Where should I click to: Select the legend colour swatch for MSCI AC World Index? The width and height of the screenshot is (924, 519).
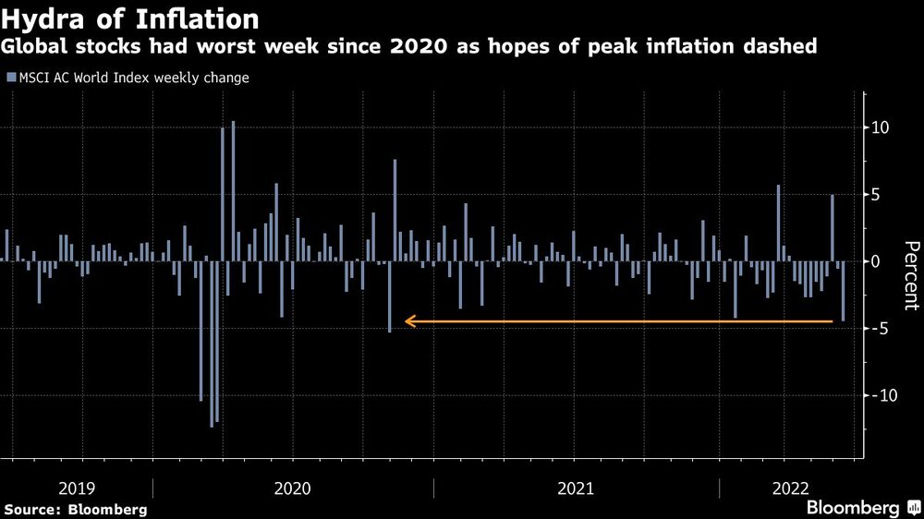coord(10,78)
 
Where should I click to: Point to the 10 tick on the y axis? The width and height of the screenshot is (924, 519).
coord(881,127)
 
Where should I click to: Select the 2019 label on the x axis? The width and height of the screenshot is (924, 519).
coord(76,488)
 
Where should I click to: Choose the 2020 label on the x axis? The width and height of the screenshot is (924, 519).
coord(293,488)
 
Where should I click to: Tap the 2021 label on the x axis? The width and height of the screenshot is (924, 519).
coord(577,488)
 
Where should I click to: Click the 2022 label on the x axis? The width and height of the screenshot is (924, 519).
coord(792,488)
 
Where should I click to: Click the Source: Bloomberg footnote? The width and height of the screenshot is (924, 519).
coord(76,509)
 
